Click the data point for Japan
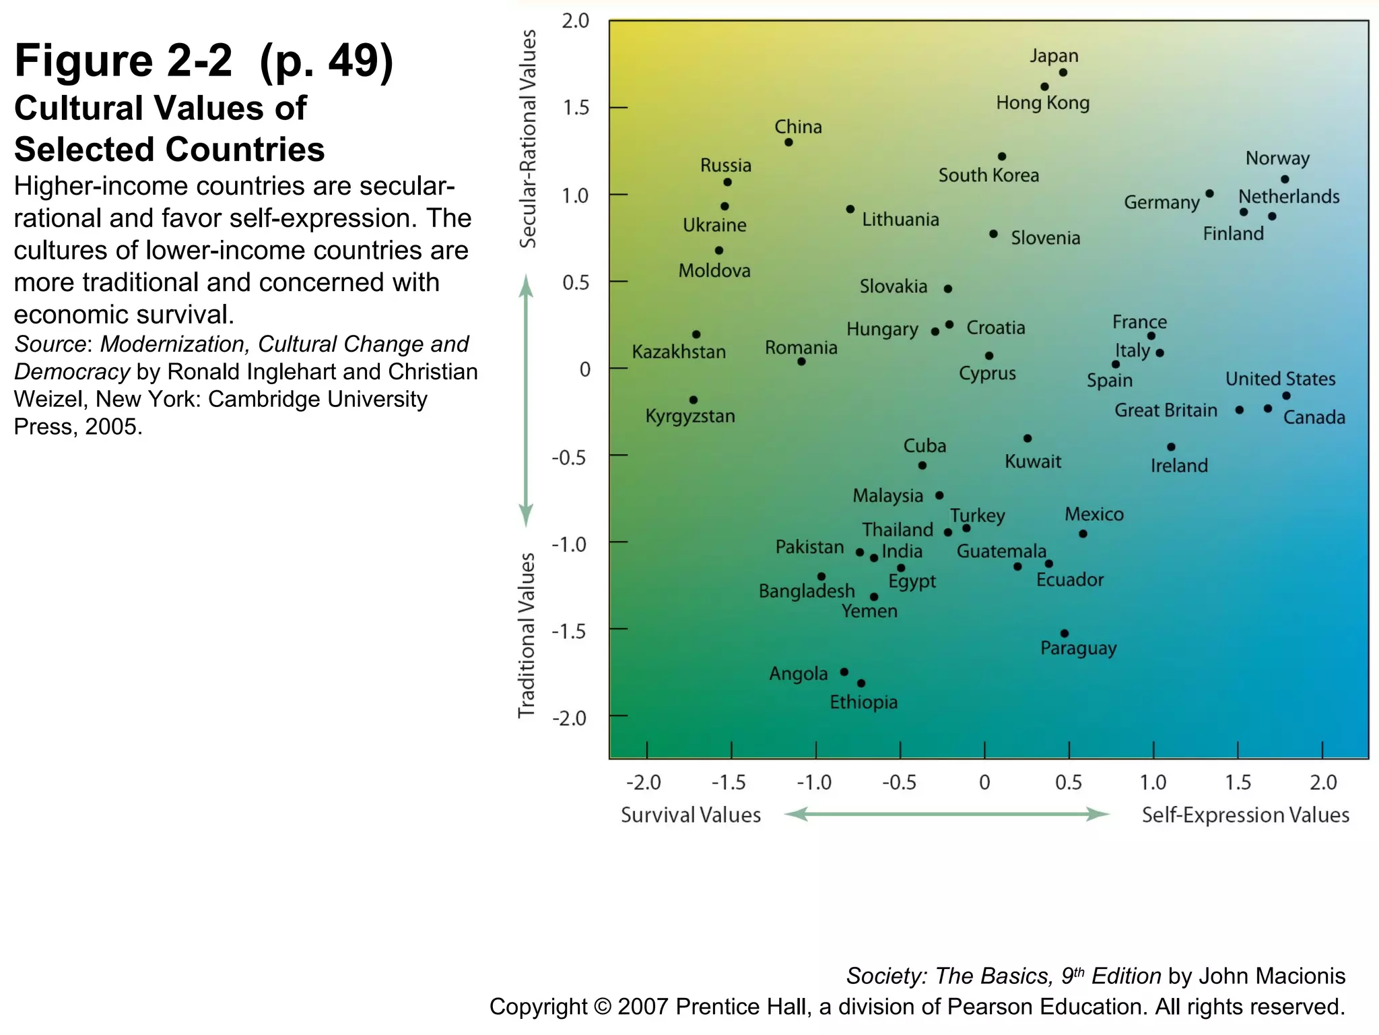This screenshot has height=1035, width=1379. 1063,73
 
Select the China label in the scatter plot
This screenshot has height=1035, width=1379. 798,127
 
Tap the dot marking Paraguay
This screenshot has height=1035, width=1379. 1065,633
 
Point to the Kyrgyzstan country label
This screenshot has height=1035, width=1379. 690,416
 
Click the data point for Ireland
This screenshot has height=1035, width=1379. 1171,447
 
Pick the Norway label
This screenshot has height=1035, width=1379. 1277,158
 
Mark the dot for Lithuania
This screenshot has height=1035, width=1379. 850,210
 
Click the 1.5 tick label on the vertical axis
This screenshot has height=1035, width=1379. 576,108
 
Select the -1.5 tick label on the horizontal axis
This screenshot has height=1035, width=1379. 729,782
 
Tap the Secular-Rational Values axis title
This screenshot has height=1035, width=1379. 528,138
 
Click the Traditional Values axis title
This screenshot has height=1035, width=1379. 527,635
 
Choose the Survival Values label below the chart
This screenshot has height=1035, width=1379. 691,815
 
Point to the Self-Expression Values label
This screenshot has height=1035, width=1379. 1246,815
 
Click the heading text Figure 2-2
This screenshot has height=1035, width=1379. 123,61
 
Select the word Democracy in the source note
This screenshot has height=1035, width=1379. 72,372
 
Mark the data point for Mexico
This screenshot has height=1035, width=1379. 1083,534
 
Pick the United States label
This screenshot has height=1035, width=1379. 1280,379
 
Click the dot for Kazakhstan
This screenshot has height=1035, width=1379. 696,334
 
